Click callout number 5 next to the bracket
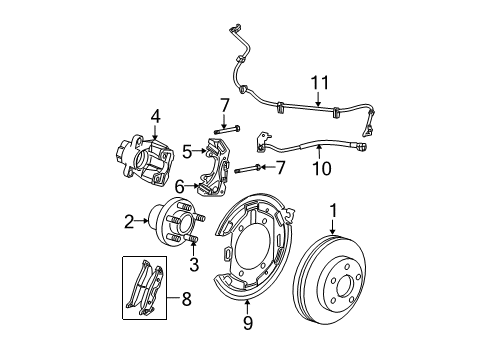point(186,151)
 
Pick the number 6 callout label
point(179,187)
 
